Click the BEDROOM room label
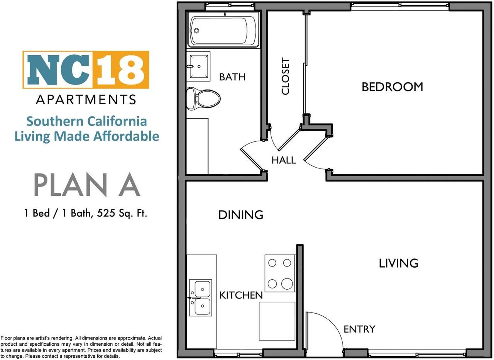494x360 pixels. tap(392, 87)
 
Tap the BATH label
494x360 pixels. tap(232, 77)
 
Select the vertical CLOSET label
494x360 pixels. tap(285, 76)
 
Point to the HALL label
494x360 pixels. tap(284, 160)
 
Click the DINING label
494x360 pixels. tap(240, 215)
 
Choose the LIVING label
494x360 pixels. tap(399, 263)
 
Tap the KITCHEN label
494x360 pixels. tap(241, 295)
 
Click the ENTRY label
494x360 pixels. tap(359, 329)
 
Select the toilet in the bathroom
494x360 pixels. tap(203, 98)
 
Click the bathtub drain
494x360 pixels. tap(196, 31)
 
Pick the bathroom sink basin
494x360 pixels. tap(199, 66)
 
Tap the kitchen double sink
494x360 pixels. tap(201, 297)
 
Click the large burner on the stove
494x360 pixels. tap(287, 284)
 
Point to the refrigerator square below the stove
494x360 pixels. tap(277, 321)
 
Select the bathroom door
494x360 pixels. tap(251, 160)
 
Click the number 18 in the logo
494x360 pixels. tap(121, 70)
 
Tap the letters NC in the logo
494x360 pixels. tap(58, 70)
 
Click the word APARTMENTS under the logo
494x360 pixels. tap(86, 100)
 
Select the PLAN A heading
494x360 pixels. tap(87, 185)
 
